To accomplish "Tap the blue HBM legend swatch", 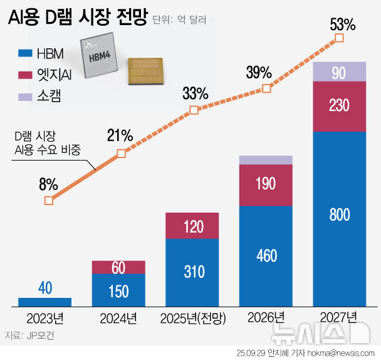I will pyautogui.click(x=26, y=53).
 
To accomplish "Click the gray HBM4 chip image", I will pyautogui.click(x=101, y=56).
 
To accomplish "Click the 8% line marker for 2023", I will pyautogui.click(x=49, y=201).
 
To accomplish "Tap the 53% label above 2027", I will pyautogui.click(x=343, y=25).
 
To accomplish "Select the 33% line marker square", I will pyautogui.click(x=194, y=110).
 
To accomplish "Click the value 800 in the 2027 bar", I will pyautogui.click(x=339, y=215).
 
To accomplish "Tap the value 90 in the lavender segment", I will pyautogui.click(x=339, y=73).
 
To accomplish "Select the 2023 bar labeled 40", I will pyautogui.click(x=45, y=302).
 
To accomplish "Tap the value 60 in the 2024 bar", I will pyautogui.click(x=118, y=268).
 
